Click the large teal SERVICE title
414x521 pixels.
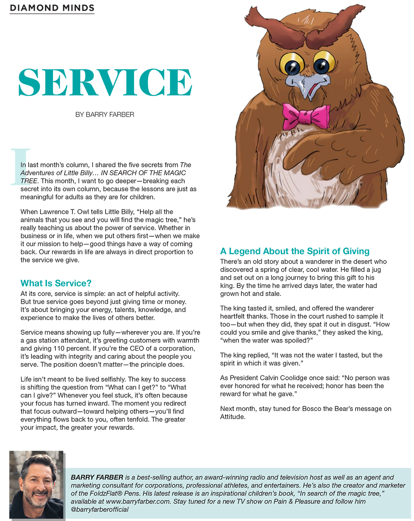105,82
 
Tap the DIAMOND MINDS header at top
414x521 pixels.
52,8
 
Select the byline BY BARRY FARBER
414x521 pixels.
105,114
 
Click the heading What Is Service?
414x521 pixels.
56,283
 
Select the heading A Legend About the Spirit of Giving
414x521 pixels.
295,251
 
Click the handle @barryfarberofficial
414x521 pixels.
100,509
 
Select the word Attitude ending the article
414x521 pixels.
232,417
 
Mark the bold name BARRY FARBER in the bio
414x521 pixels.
97,477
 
